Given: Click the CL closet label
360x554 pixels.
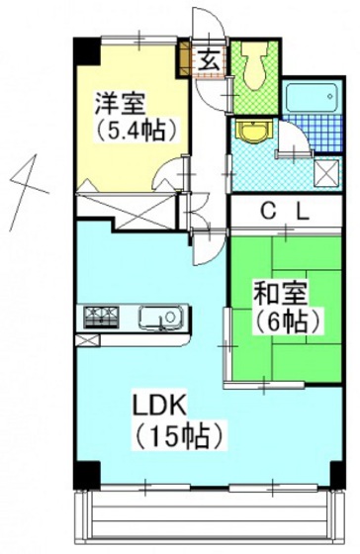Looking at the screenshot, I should click(x=286, y=211).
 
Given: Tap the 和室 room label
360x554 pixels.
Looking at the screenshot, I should click(x=282, y=294).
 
